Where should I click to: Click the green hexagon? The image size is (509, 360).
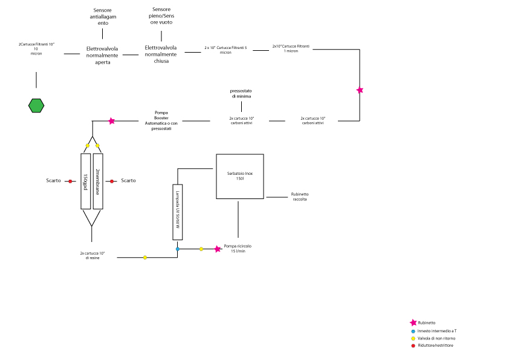point(36,105)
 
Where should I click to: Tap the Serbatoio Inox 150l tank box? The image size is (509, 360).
point(240,176)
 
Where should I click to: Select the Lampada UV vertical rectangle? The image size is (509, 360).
point(177,212)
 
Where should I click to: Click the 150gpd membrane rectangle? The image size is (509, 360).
point(85,181)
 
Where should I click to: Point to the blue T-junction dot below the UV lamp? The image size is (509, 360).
point(177,249)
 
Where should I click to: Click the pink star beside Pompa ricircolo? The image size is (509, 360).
point(218,249)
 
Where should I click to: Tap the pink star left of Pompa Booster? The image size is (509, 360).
point(111,121)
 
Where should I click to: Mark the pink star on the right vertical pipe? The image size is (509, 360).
point(360,90)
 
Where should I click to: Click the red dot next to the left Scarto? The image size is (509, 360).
point(70,181)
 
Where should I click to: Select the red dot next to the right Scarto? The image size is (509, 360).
point(112,181)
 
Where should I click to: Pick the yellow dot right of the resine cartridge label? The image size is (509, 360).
point(145,258)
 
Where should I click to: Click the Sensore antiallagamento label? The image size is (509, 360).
point(102,17)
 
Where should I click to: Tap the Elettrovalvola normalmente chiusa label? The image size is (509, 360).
point(161,54)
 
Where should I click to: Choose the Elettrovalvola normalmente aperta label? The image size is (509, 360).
point(102,55)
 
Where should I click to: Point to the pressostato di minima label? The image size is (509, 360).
point(240,93)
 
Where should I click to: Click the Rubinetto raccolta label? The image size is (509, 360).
point(299,197)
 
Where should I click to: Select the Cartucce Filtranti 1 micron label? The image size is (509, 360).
point(291,48)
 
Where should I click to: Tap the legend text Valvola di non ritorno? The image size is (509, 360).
point(436,338)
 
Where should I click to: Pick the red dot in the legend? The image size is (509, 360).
point(413,345)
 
